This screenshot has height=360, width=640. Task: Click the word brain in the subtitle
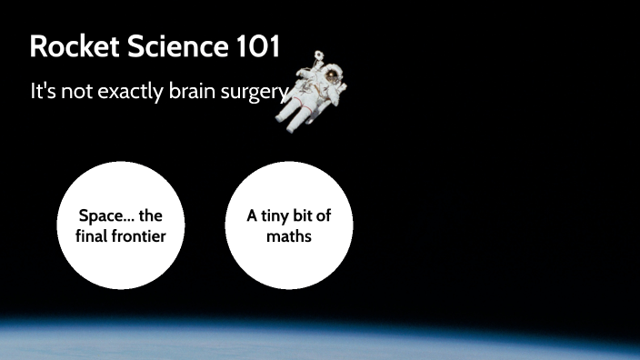189,93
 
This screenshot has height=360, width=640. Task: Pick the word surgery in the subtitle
252,93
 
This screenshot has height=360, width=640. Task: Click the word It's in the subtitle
43,93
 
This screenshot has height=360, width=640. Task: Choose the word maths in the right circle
289,236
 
